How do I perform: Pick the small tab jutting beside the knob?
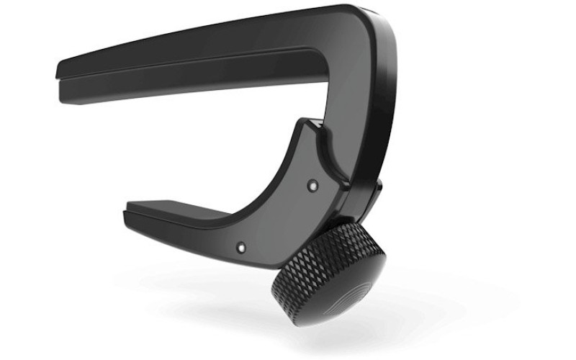click(376, 189)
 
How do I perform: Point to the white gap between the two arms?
click(216, 137)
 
